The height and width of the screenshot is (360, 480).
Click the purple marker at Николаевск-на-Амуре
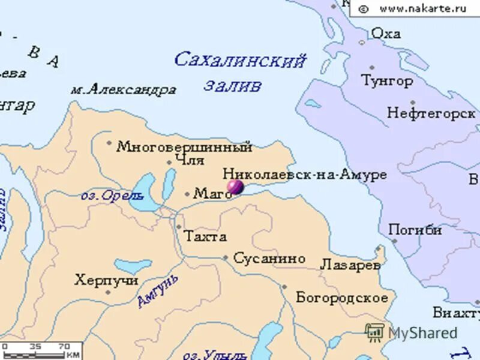tap(235, 187)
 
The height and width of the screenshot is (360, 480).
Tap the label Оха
tap(386, 33)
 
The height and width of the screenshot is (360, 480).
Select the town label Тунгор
tap(387, 80)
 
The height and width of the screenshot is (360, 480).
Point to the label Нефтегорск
tap(431, 113)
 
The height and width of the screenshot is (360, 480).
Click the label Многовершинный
tap(184, 146)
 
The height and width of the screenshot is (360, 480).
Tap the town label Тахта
tap(205, 236)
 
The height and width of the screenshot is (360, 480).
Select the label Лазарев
tap(350, 265)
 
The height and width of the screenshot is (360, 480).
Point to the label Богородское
tap(342, 298)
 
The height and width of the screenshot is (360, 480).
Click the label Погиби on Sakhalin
tap(415, 230)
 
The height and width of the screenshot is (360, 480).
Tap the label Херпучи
tap(106, 280)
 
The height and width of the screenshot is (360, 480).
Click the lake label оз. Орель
tap(112, 196)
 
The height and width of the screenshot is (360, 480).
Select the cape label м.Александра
tap(123, 90)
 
